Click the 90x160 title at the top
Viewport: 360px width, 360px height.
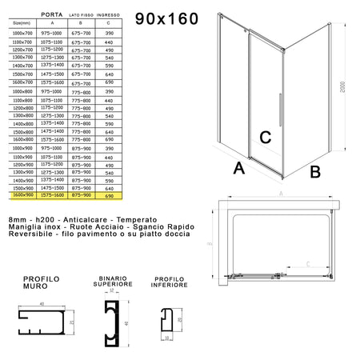tap(170, 17)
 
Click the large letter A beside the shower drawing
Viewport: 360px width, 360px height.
tap(238, 169)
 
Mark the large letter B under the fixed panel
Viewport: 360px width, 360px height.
tap(314, 170)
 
